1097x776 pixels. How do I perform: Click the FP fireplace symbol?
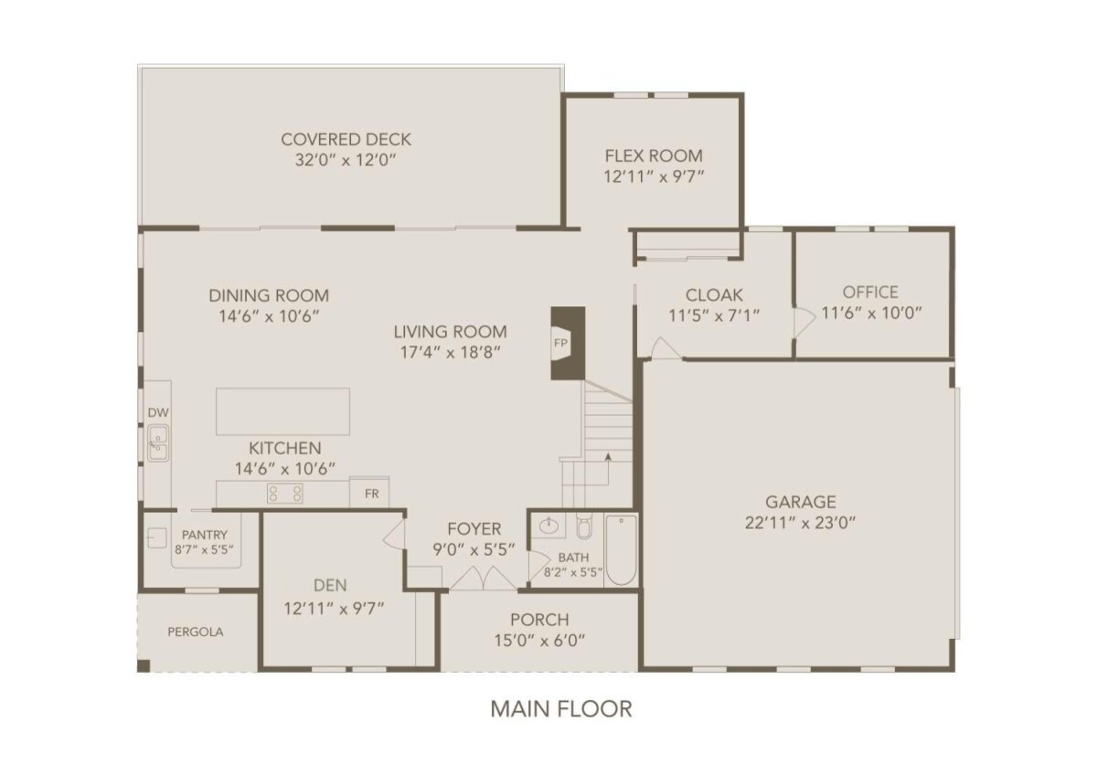pyautogui.click(x=568, y=343)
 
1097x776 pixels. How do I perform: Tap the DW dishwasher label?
pyautogui.click(x=158, y=413)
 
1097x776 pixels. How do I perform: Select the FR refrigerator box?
pyautogui.click(x=369, y=492)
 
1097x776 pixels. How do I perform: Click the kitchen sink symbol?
pyautogui.click(x=158, y=443)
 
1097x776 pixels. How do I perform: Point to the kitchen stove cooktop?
pyautogui.click(x=284, y=494)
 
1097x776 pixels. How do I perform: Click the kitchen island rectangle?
pyautogui.click(x=283, y=411)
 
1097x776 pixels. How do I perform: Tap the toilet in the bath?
pyautogui.click(x=584, y=526)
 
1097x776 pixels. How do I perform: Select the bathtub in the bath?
pyautogui.click(x=621, y=549)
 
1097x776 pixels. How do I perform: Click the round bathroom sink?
pyautogui.click(x=548, y=526)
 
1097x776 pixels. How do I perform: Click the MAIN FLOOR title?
pyautogui.click(x=561, y=709)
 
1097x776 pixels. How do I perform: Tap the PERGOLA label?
pyautogui.click(x=196, y=632)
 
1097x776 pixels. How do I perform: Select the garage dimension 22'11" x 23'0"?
pyautogui.click(x=800, y=523)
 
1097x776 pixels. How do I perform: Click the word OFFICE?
pyautogui.click(x=870, y=292)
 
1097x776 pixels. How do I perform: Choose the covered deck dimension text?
pyautogui.click(x=346, y=160)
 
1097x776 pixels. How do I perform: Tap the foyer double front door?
pyautogui.click(x=483, y=578)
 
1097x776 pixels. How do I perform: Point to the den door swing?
pyautogui.click(x=394, y=534)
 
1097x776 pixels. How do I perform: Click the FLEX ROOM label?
pyautogui.click(x=654, y=155)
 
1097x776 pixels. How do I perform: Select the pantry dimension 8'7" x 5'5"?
pyautogui.click(x=205, y=549)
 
